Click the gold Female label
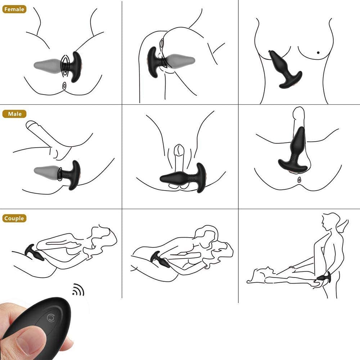[x=14, y=9]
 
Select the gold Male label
[x=14, y=114]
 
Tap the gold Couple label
[x=14, y=218]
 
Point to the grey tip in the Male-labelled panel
[x=46, y=171]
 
